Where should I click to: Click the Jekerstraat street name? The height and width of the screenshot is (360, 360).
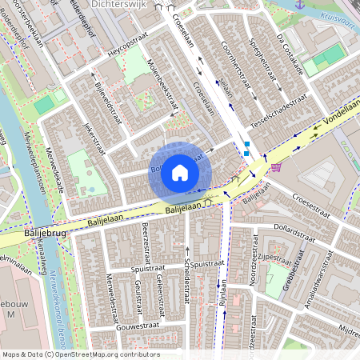pos(95,142)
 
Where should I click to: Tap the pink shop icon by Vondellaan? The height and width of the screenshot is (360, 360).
pos(276,167)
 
